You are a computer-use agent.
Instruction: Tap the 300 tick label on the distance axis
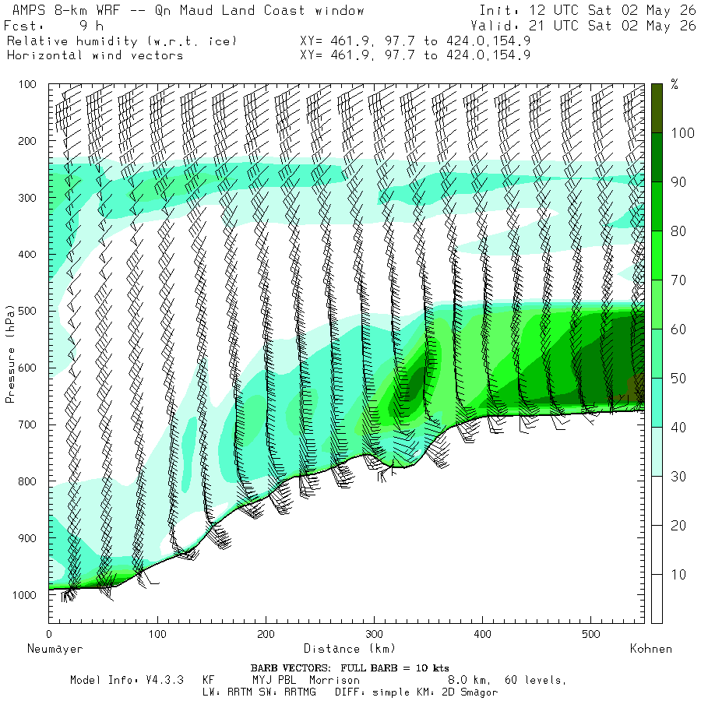click(x=374, y=634)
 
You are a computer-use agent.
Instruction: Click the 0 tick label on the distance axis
click(x=49, y=634)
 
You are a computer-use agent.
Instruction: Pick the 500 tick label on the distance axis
click(x=591, y=634)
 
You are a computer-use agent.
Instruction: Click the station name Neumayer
click(x=55, y=649)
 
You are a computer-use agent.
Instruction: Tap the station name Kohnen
click(x=651, y=649)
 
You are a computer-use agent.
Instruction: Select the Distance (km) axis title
click(x=350, y=648)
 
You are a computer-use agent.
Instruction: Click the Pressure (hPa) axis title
click(x=10, y=354)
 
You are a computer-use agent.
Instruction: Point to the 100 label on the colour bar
click(x=682, y=132)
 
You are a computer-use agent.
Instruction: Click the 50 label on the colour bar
click(x=678, y=379)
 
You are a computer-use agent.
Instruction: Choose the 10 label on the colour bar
click(x=678, y=574)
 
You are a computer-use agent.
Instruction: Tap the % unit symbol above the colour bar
click(x=675, y=84)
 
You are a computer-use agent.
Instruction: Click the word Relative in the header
click(x=37, y=41)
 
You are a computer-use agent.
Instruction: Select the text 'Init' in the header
click(x=494, y=10)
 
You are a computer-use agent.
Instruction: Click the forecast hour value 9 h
click(x=92, y=26)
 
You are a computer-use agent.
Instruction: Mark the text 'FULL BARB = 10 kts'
click(x=395, y=668)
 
